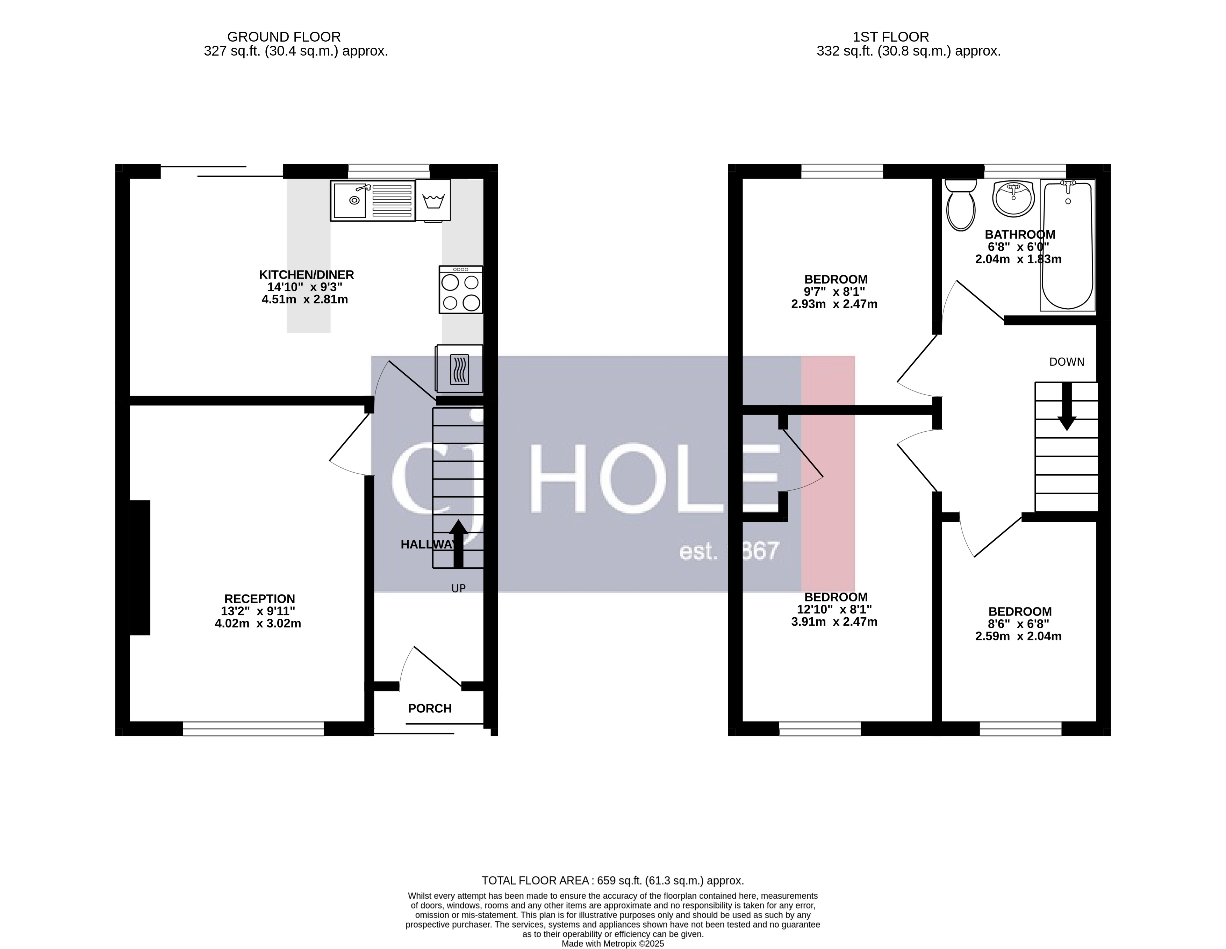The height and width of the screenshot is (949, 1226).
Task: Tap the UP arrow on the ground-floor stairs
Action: (x=458, y=543)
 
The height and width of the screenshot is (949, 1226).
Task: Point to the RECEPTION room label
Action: (x=259, y=599)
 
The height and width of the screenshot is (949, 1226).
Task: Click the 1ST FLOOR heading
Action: (x=890, y=37)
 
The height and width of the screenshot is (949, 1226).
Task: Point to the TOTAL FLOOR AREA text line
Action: (x=612, y=880)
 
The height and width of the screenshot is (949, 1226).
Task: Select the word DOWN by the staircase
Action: (x=1067, y=362)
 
